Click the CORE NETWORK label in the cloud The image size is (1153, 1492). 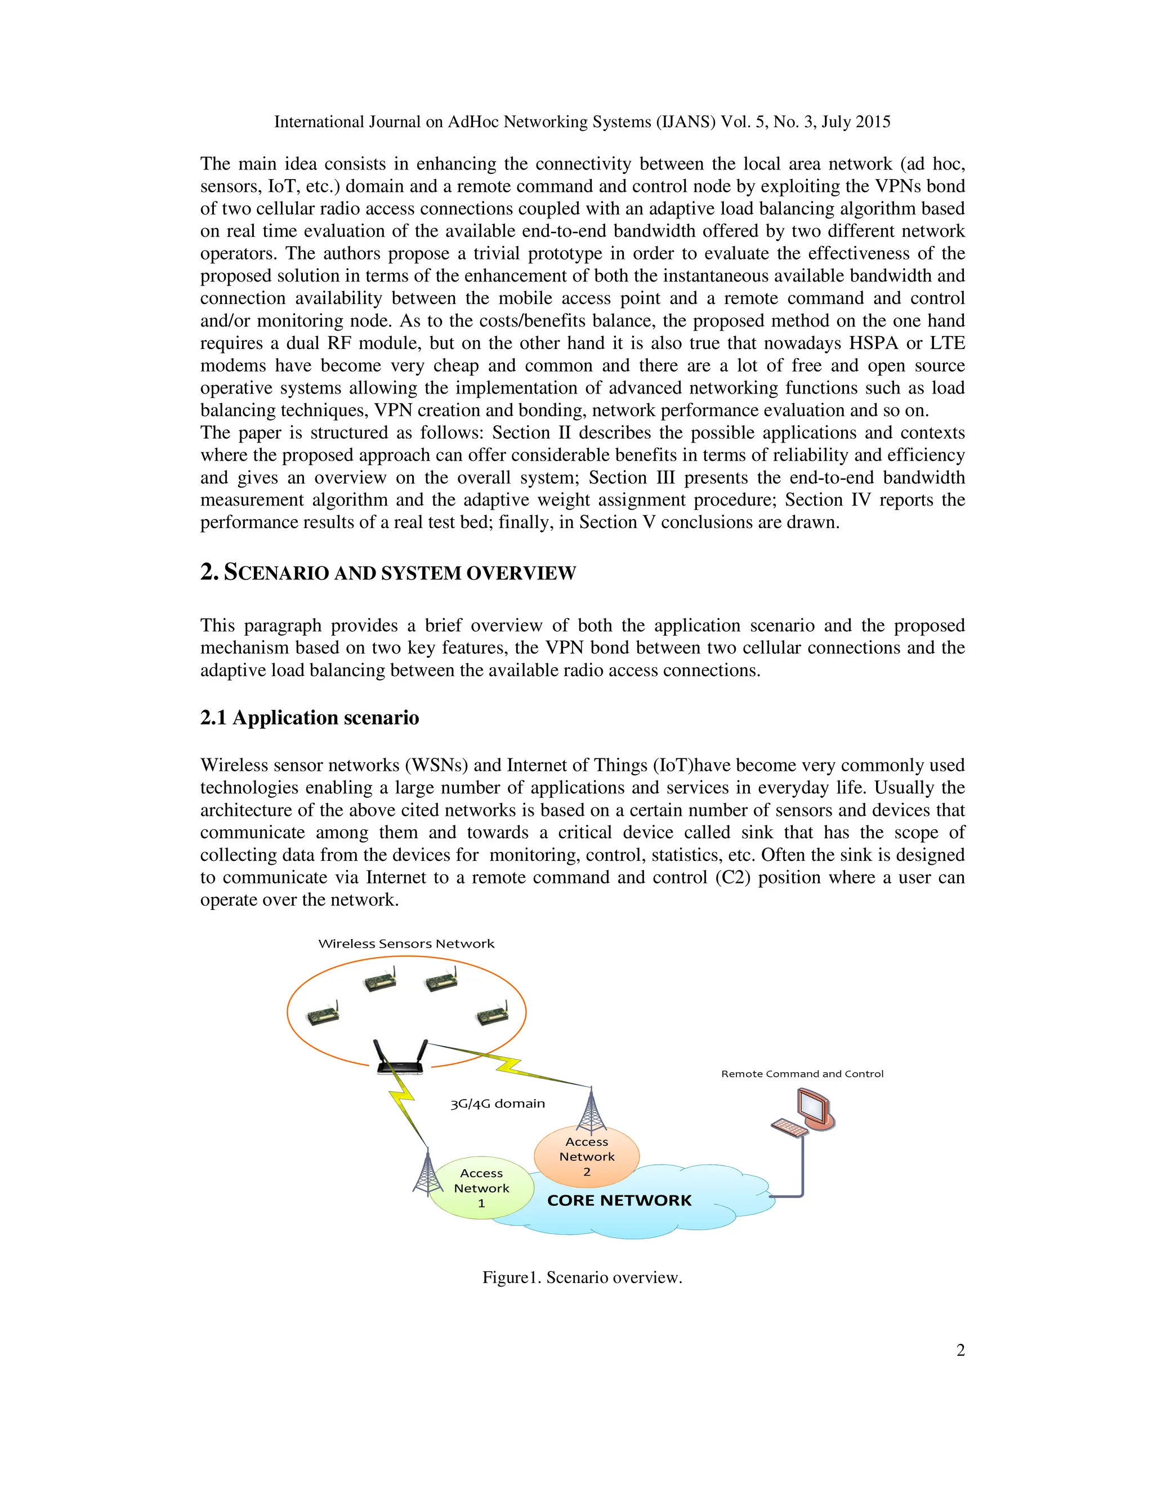click(x=619, y=1200)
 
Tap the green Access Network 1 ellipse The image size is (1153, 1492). click(x=481, y=1189)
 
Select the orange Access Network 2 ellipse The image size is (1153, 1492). click(x=586, y=1156)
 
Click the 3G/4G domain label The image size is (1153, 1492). click(x=497, y=1104)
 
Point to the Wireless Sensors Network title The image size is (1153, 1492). click(x=406, y=944)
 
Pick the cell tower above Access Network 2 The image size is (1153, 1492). click(x=591, y=1110)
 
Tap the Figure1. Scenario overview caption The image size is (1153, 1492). click(x=582, y=1277)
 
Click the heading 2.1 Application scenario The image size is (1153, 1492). click(x=310, y=717)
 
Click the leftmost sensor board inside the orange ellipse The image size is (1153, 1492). click(x=323, y=1014)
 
